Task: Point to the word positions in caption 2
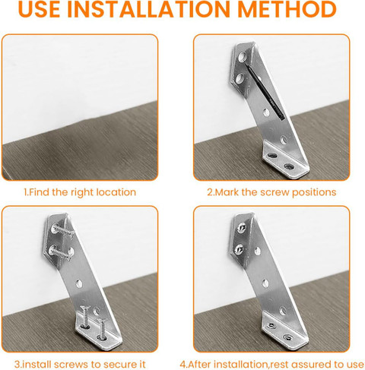[314, 193]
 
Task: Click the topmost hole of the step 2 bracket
[242, 57]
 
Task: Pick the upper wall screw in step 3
[63, 230]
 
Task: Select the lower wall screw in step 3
[61, 253]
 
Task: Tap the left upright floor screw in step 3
[84, 316]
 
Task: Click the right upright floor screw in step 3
[102, 328]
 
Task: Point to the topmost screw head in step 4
[241, 228]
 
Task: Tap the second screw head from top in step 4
[239, 249]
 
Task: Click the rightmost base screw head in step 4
[288, 337]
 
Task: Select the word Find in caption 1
[40, 192]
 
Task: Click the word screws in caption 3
[71, 365]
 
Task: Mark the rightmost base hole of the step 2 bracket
[289, 166]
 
